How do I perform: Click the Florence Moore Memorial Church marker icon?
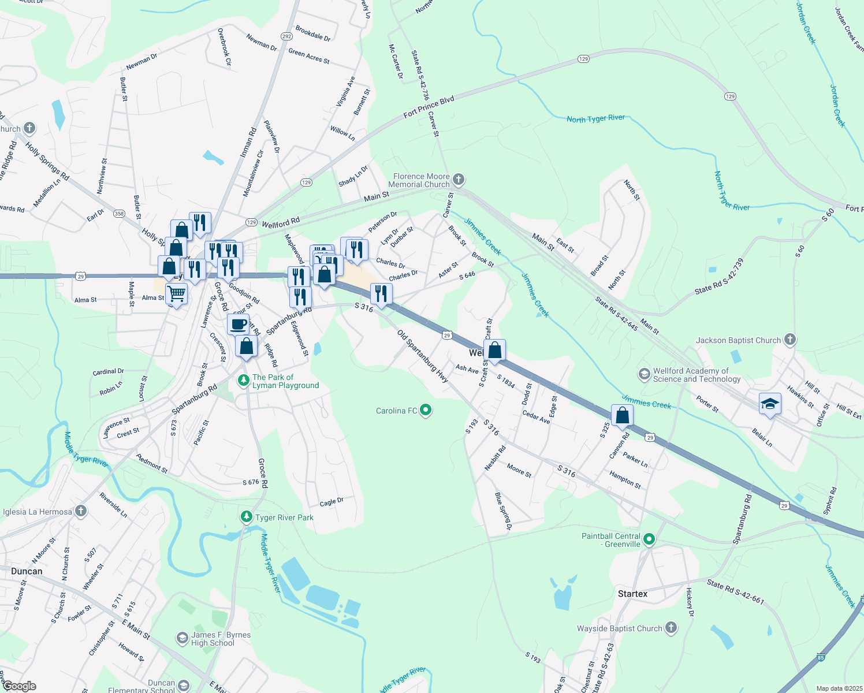(x=459, y=180)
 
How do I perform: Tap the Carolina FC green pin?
(x=426, y=411)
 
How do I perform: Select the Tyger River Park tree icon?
(x=247, y=517)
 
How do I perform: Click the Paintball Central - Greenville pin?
(x=649, y=540)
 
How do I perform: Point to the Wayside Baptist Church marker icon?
(x=671, y=628)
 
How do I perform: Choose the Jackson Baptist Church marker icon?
(x=790, y=340)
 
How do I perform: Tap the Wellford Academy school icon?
(x=643, y=374)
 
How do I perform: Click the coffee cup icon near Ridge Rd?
(x=238, y=325)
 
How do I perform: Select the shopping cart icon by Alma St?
(x=177, y=294)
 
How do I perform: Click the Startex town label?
(x=632, y=594)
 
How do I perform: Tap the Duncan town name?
(x=27, y=571)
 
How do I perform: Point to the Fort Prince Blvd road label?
(x=429, y=107)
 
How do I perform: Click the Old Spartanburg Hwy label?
(x=423, y=356)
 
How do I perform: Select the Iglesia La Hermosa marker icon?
(x=81, y=511)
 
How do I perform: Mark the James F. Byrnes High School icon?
(x=183, y=638)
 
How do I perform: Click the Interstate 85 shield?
(x=821, y=657)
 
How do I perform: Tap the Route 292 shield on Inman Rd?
(x=286, y=36)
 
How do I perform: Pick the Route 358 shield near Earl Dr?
(x=119, y=214)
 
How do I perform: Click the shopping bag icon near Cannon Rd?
(x=622, y=415)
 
